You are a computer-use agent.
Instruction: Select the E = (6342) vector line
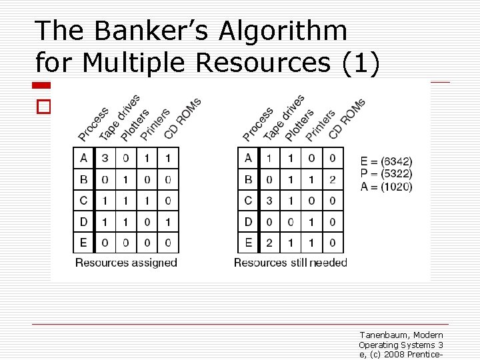pyautogui.click(x=386, y=161)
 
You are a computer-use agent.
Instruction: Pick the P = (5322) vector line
pyautogui.click(x=386, y=174)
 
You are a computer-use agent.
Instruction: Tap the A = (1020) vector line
pyautogui.click(x=386, y=187)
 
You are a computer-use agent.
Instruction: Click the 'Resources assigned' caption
pyautogui.click(x=126, y=263)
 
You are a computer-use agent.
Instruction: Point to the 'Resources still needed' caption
pyautogui.click(x=291, y=263)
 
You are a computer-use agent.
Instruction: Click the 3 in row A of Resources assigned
pyautogui.click(x=104, y=158)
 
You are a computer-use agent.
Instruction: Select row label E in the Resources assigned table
pyautogui.click(x=83, y=243)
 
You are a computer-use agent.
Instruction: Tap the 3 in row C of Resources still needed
pyautogui.click(x=269, y=201)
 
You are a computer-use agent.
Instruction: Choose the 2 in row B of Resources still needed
pyautogui.click(x=333, y=179)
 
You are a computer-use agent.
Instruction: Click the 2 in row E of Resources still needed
pyautogui.click(x=269, y=243)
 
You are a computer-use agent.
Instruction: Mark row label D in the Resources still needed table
pyautogui.click(x=248, y=221)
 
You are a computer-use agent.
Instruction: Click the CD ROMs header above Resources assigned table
pyautogui.click(x=182, y=119)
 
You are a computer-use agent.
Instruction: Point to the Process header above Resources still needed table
pyautogui.click(x=258, y=124)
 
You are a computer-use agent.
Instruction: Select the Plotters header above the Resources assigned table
pyautogui.click(x=136, y=124)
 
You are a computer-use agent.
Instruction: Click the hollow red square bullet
pyautogui.click(x=43, y=107)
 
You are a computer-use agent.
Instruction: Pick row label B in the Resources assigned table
pyautogui.click(x=83, y=179)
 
